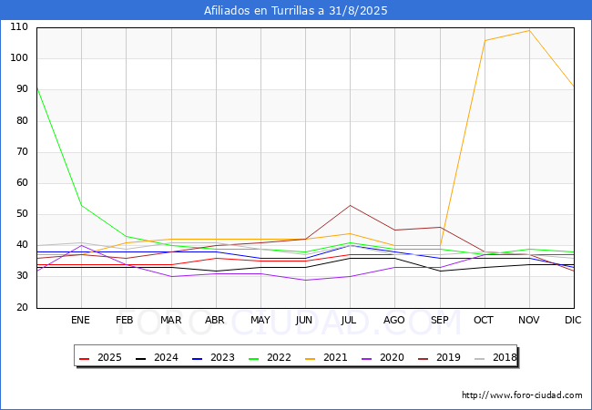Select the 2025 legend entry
pos(100,357)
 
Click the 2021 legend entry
pos(326,357)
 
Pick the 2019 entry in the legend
pos(439,357)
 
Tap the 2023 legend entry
pos(213,357)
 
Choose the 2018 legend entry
pos(495,357)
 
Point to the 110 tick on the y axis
pos(19,27)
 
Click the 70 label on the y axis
pos(22,152)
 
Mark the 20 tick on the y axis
pos(22,307)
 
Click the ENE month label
pos(80,320)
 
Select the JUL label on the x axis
pos(349,320)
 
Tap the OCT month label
pos(484,320)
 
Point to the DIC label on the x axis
pos(573,320)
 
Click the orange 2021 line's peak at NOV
pos(529,31)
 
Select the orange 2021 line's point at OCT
pos(485,40)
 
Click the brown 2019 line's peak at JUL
pos(351,205)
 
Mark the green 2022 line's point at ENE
pos(82,205)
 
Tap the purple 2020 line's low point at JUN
pos(305,280)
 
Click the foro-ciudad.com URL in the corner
pos(522,395)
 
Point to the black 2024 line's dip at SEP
pos(440,272)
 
